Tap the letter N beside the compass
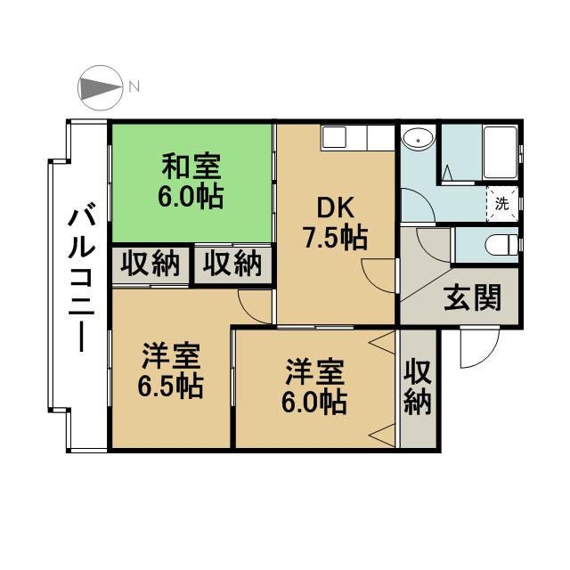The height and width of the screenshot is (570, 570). pos(134,86)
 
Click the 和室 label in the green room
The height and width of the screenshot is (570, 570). pos(191,167)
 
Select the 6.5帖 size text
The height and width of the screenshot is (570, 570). pos(171,387)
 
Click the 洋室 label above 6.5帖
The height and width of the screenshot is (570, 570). pos(171,358)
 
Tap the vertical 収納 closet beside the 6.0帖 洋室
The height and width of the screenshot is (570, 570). pos(418,387)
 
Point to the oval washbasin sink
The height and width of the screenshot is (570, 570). pos(418,139)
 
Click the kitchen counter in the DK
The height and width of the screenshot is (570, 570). pos(356,137)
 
